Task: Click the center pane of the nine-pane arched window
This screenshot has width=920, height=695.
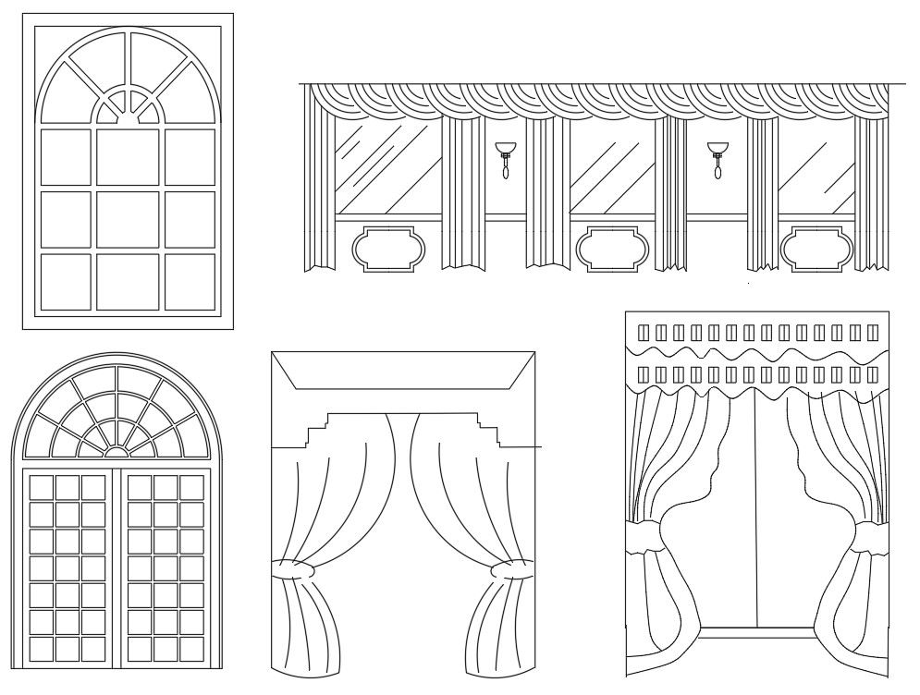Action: (x=128, y=219)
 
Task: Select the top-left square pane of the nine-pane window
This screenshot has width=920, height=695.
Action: (x=66, y=156)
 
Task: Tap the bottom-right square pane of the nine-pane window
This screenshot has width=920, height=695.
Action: (x=190, y=282)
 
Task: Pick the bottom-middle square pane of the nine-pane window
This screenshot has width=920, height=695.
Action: (x=128, y=282)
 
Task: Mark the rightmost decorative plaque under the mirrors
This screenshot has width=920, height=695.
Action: (x=815, y=248)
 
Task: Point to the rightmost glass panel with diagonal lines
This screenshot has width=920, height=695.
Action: (x=816, y=171)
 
